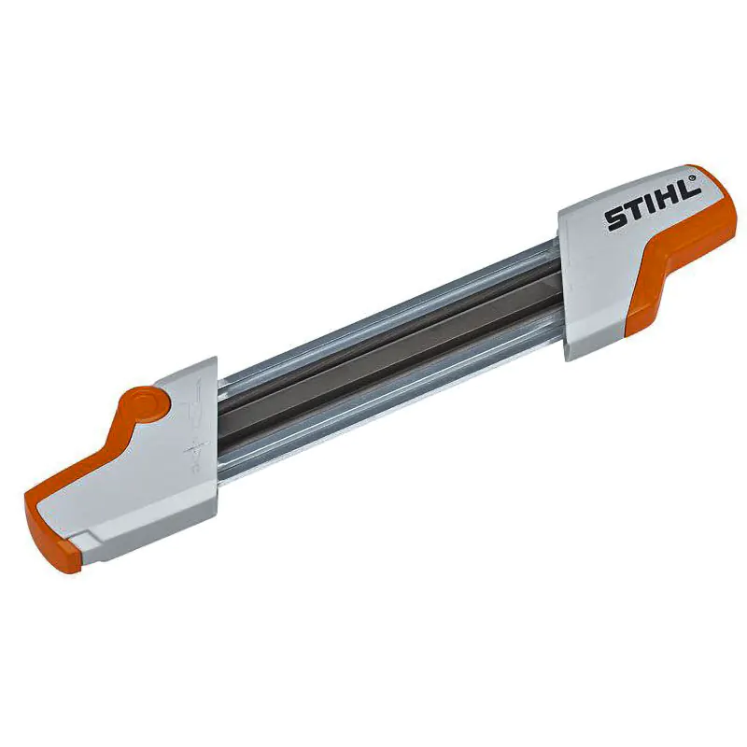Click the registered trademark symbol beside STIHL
pyautogui.click(x=692, y=174)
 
